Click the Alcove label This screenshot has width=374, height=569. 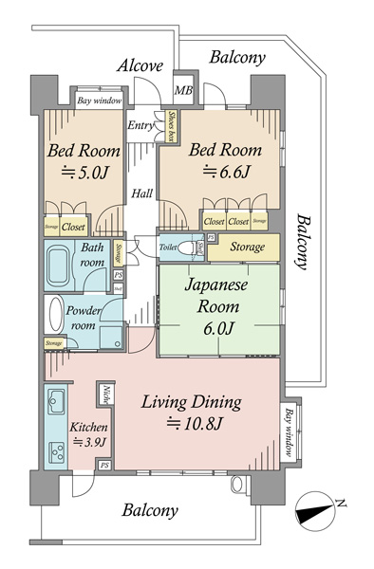[140, 65]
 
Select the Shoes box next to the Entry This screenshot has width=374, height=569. [173, 127]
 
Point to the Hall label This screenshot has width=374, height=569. [142, 193]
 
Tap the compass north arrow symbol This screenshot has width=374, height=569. [317, 513]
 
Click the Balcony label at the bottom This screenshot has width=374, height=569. [150, 510]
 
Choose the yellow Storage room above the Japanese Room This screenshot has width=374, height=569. [242, 248]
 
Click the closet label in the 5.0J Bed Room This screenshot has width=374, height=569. [74, 228]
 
